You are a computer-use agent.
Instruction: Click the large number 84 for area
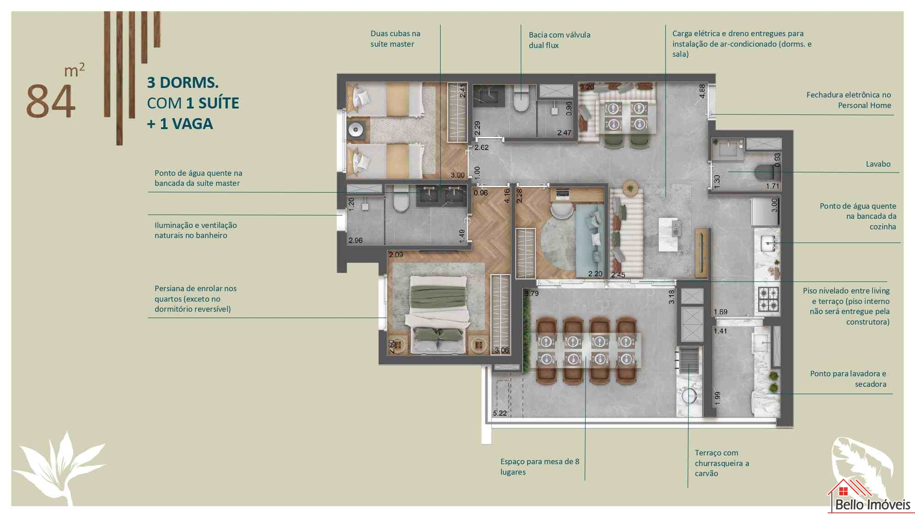tap(50, 101)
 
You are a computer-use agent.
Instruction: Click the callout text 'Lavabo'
tap(878, 164)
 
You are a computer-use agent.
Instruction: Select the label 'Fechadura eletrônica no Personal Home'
tap(849, 100)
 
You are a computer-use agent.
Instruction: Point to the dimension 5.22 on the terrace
tap(500, 413)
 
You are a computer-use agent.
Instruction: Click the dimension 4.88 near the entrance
tap(702, 91)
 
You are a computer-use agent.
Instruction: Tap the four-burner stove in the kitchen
tap(769, 299)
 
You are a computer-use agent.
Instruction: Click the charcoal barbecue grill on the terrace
tap(689, 360)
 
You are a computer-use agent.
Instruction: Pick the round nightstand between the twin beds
tap(355, 130)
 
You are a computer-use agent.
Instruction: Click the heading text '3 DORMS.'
tap(183, 82)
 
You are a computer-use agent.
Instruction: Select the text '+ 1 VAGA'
tap(180, 124)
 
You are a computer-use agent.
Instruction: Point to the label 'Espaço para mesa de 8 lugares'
tap(540, 466)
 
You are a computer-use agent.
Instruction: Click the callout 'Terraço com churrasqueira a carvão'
tap(722, 463)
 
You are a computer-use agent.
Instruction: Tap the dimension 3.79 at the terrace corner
tap(532, 293)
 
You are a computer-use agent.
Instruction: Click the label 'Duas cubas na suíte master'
tap(395, 38)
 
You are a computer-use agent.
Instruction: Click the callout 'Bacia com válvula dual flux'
tap(560, 40)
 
